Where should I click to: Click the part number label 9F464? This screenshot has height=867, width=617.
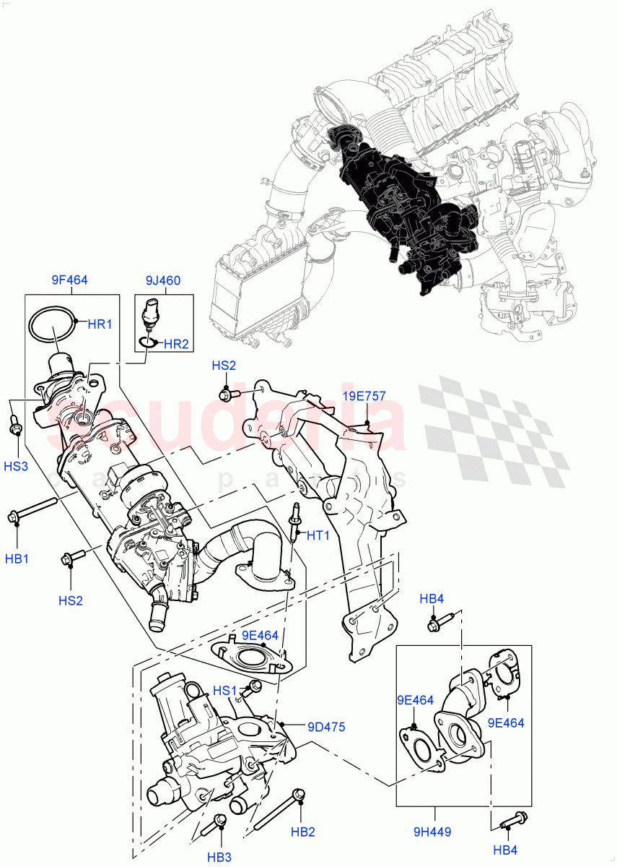coord(69,280)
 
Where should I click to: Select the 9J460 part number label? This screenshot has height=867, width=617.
coord(162,280)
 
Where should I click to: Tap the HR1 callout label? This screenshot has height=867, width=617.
coord(100,324)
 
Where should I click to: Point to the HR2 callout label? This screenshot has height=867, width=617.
coord(175,345)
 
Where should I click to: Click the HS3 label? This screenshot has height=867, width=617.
coord(15,466)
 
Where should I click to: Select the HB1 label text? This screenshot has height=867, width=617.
coord(17,558)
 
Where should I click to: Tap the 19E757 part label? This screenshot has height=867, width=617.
coord(364,396)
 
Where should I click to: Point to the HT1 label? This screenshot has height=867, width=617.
coord(318,535)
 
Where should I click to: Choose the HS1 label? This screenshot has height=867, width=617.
coord(224,691)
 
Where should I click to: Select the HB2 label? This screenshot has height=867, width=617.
coord(302,832)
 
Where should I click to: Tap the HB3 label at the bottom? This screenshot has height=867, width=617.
coord(219,857)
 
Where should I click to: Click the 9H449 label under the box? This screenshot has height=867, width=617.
coord(433,832)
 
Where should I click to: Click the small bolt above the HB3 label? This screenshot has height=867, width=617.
coord(219,823)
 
